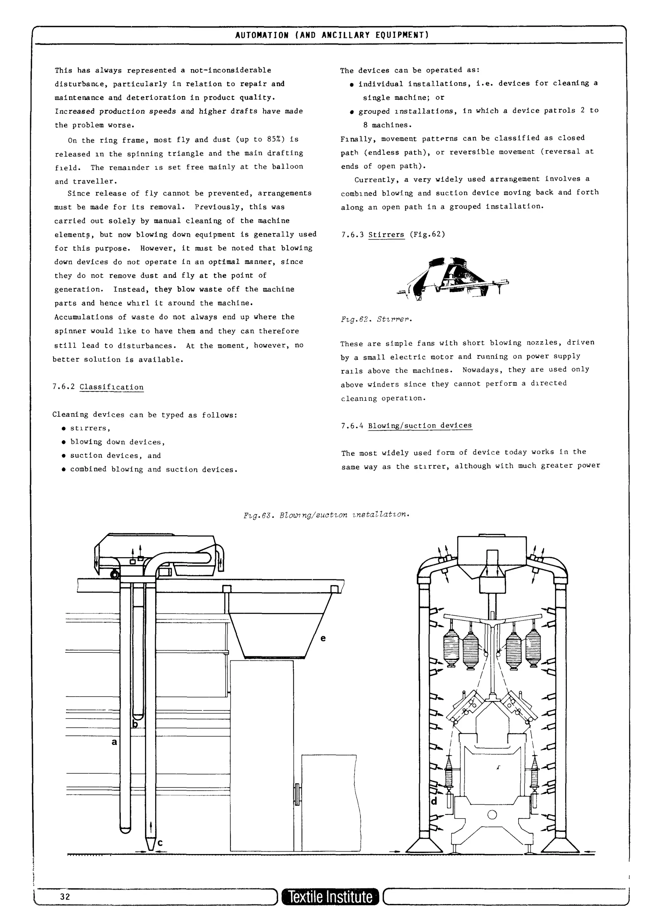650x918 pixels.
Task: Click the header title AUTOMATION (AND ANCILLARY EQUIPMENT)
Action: tap(332, 35)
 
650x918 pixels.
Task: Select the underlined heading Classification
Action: tap(111, 387)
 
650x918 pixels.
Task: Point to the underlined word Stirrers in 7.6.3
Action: tap(386, 234)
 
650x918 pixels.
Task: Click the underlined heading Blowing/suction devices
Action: tap(420, 425)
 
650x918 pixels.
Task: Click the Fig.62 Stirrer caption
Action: tap(376, 319)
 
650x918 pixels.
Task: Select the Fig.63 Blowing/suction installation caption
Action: tap(327, 514)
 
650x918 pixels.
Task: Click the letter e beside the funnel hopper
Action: tap(323, 638)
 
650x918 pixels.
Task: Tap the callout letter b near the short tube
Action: tap(135, 724)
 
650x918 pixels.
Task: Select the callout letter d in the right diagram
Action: tap(434, 801)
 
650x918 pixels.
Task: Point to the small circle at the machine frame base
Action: tap(492, 815)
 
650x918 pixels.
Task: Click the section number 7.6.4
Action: tap(352, 426)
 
